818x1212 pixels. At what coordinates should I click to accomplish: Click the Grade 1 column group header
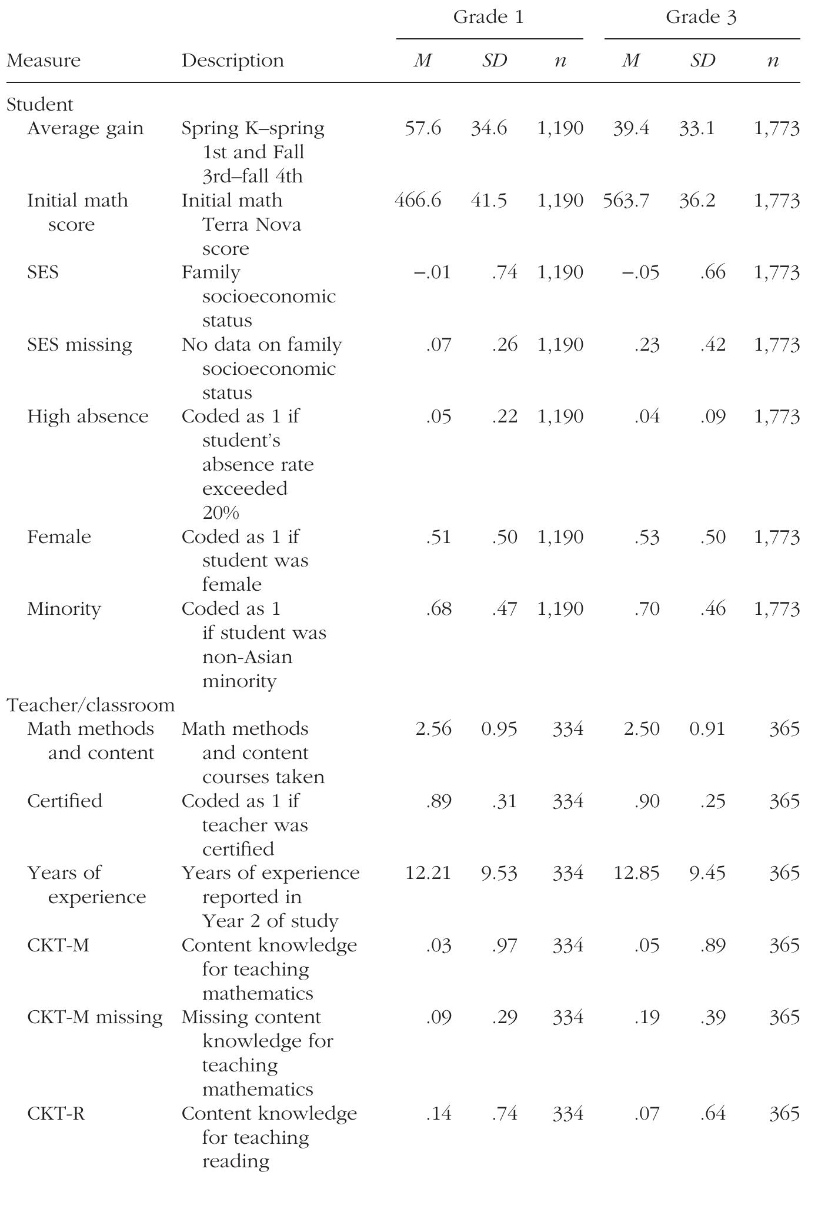tap(488, 18)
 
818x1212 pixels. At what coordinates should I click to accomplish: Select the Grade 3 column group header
tap(700, 18)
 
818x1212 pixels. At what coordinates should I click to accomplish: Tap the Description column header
tap(232, 61)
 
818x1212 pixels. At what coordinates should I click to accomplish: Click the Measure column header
tap(44, 61)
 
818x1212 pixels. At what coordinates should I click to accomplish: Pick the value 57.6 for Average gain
tap(423, 128)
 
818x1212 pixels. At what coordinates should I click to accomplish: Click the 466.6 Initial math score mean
tap(418, 201)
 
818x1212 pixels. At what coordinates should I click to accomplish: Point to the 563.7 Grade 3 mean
tap(626, 201)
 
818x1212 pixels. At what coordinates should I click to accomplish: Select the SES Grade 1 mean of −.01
tap(432, 273)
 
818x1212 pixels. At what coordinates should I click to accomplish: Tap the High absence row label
tap(88, 417)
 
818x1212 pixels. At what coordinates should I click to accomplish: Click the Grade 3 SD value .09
tap(713, 417)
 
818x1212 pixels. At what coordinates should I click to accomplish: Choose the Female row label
tap(59, 537)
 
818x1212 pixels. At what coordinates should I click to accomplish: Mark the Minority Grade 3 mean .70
tap(647, 609)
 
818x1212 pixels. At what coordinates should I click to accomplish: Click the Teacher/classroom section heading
tap(91, 705)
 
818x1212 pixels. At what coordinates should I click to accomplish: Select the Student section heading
tap(40, 105)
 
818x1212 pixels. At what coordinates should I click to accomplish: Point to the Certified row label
tap(65, 801)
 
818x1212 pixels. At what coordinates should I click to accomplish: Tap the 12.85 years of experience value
tap(636, 873)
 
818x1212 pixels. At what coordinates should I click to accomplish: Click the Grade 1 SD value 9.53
tap(499, 873)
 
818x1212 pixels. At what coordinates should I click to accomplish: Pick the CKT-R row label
tap(56, 1114)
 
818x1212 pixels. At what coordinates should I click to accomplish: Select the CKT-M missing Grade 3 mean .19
tap(647, 1017)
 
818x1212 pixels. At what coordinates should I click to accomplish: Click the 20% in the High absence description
tap(221, 513)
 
